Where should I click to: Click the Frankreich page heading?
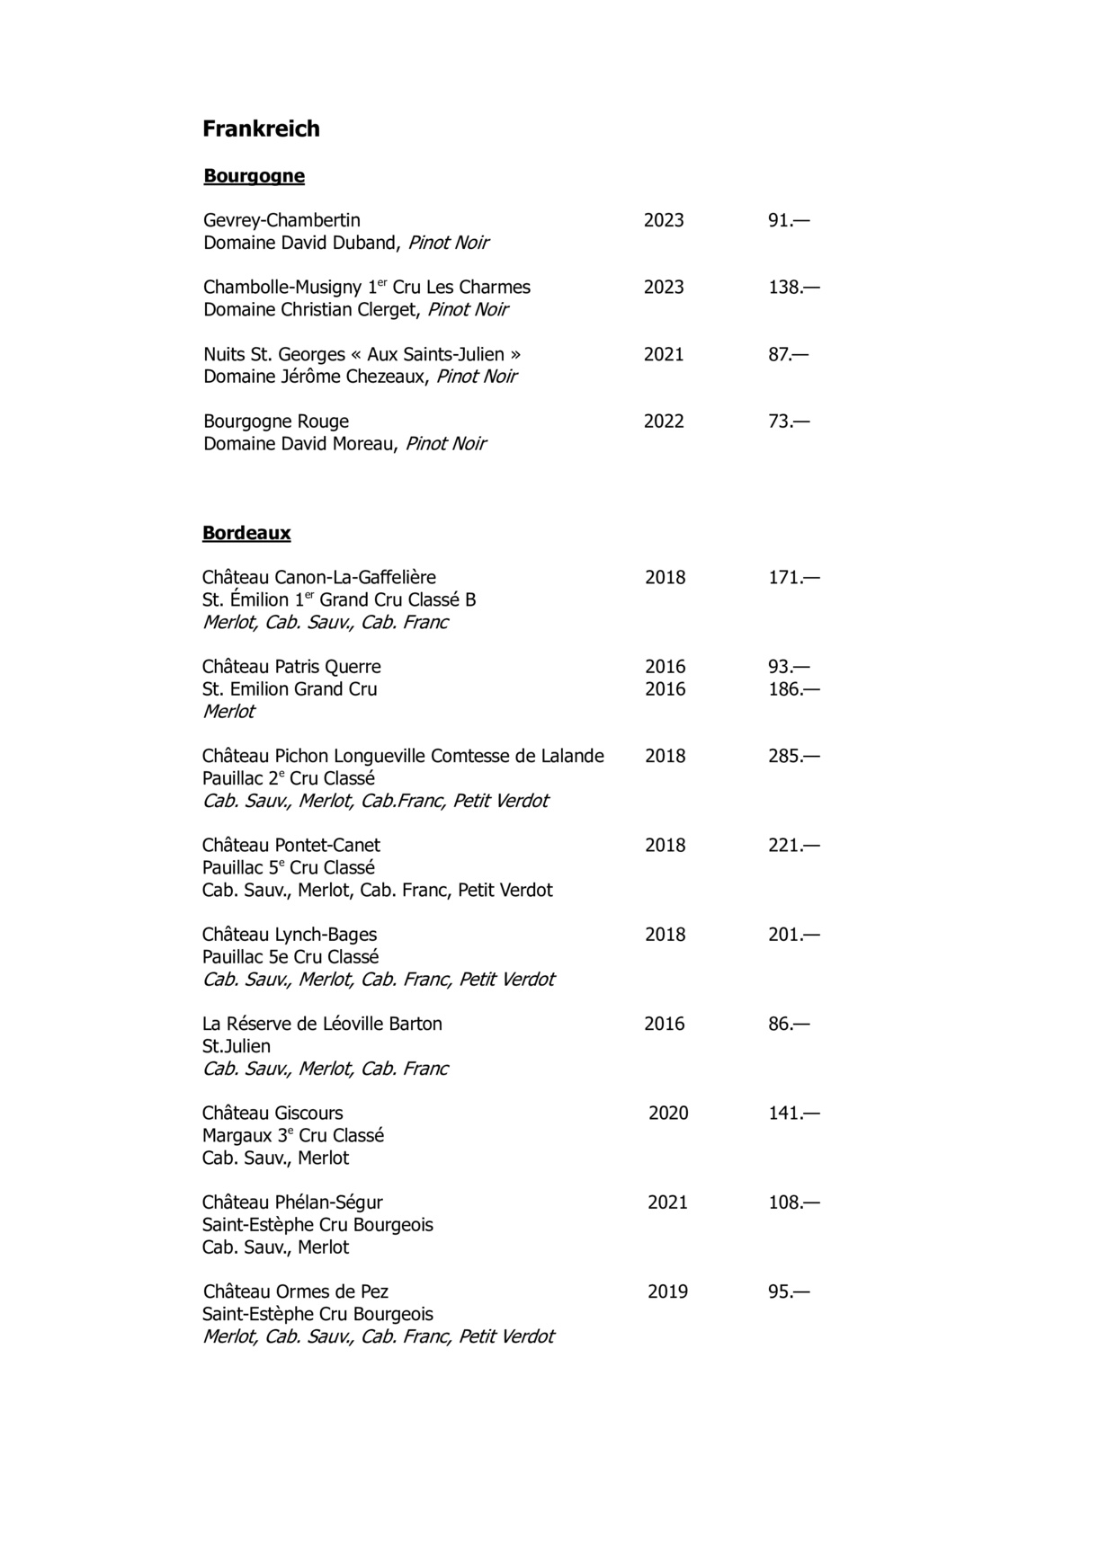pyautogui.click(x=261, y=129)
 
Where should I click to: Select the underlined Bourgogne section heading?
pyautogui.click(x=254, y=176)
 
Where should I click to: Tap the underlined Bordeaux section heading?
pyautogui.click(x=246, y=533)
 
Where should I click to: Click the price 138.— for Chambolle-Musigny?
pyautogui.click(x=793, y=288)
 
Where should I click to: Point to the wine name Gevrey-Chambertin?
pyautogui.click(x=281, y=220)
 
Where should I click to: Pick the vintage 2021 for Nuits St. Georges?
pyautogui.click(x=664, y=355)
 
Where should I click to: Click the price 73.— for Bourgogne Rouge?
pyautogui.click(x=789, y=422)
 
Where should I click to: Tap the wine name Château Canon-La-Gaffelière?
pyautogui.click(x=319, y=577)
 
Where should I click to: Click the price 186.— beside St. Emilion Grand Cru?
pyautogui.click(x=793, y=689)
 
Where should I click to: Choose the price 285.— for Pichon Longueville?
pyautogui.click(x=793, y=756)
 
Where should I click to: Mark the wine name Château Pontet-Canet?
pyautogui.click(x=290, y=846)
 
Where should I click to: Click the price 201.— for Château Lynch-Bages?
pyautogui.click(x=793, y=935)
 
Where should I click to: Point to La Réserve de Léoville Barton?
pyautogui.click(x=322, y=1024)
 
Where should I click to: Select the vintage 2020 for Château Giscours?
pyautogui.click(x=668, y=1114)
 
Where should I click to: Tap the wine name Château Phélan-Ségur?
pyautogui.click(x=292, y=1202)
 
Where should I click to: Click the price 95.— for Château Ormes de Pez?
pyautogui.click(x=789, y=1292)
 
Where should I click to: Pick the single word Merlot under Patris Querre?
pyautogui.click(x=228, y=712)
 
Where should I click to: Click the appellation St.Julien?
pyautogui.click(x=237, y=1046)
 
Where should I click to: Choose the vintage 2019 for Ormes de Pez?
pyautogui.click(x=667, y=1292)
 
